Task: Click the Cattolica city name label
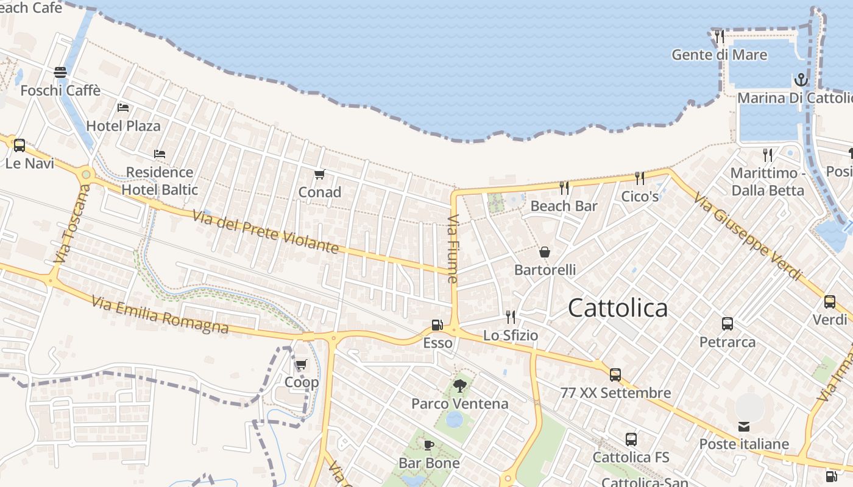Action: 617,308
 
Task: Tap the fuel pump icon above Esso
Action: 437,325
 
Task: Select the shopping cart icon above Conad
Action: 319,175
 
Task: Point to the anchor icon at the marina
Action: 800,80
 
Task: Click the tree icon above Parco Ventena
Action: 460,385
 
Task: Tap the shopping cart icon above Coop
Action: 301,365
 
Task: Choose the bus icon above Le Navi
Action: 19,145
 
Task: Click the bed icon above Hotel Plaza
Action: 123,108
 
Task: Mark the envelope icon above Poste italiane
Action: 744,426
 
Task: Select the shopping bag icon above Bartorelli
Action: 544,251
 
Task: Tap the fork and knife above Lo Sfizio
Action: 511,317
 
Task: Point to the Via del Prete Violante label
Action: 266,232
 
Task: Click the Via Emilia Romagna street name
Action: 160,315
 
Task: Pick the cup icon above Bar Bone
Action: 429,445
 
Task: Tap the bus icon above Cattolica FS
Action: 631,439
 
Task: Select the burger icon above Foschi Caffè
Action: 60,72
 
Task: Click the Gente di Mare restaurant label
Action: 719,55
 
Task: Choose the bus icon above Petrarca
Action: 727,324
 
